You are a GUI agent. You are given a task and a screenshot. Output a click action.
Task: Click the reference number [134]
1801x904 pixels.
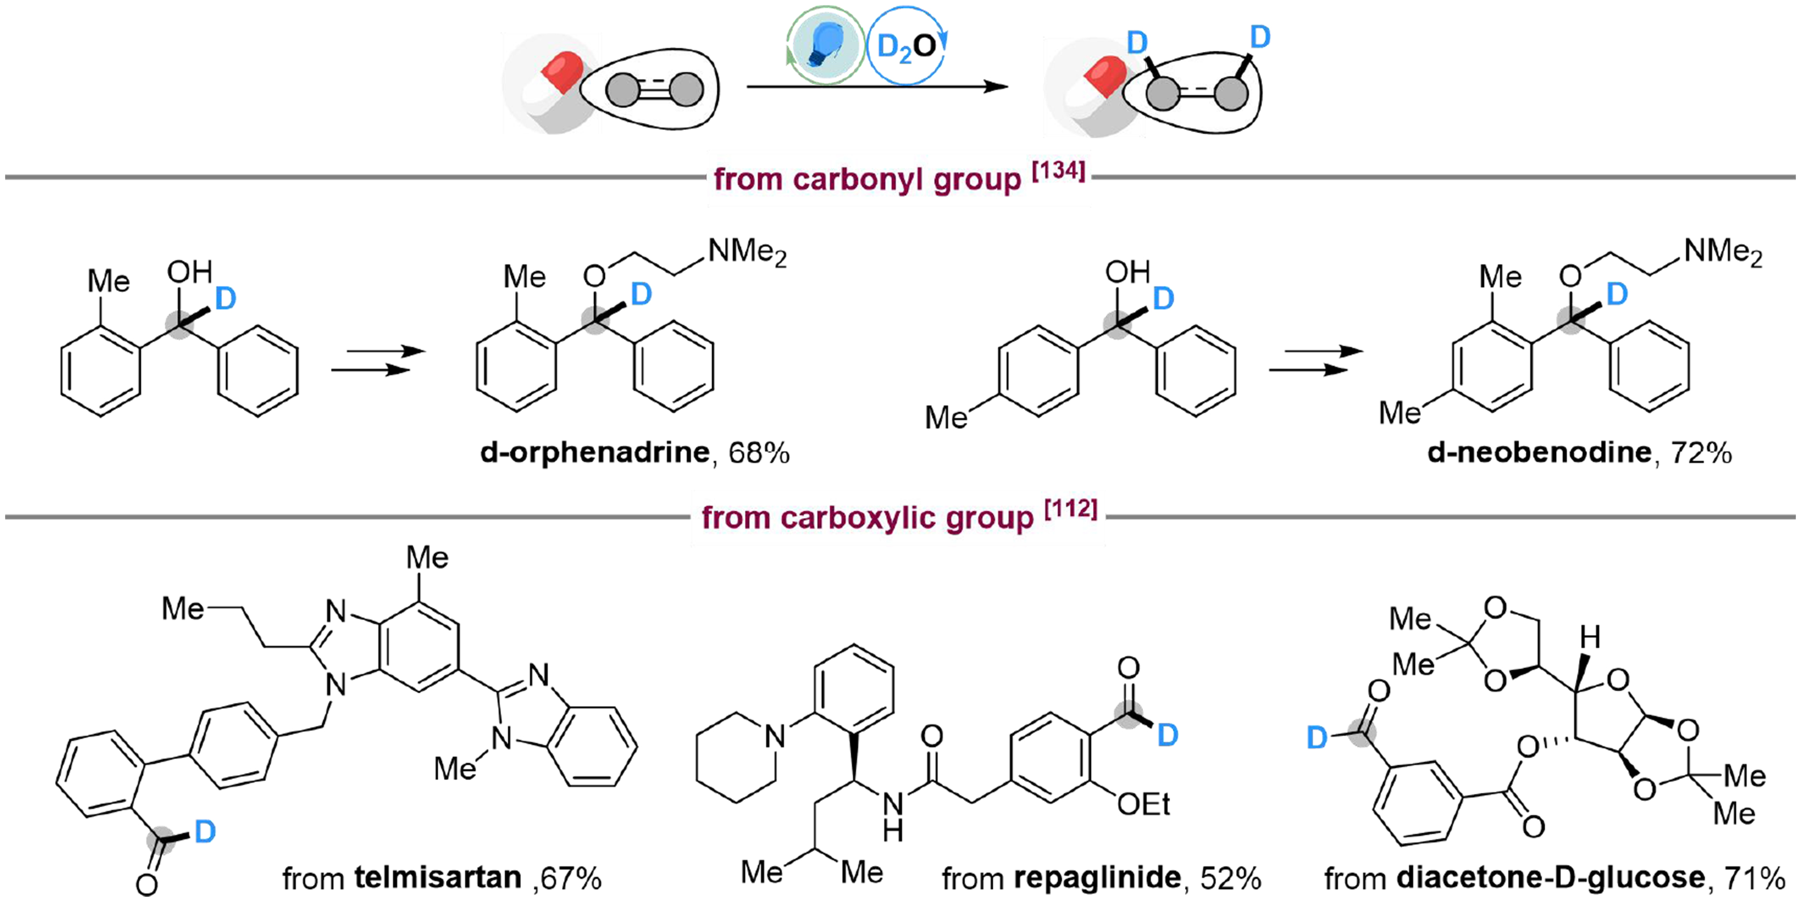pos(1058,171)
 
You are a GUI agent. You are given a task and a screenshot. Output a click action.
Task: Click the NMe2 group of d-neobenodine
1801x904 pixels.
pos(1723,252)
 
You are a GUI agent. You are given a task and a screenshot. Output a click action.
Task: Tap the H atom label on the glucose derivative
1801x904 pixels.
pos(1591,637)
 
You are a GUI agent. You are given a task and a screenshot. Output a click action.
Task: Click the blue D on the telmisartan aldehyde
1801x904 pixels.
pos(205,831)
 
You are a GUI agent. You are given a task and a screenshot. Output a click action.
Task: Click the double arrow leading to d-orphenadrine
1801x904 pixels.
pos(378,360)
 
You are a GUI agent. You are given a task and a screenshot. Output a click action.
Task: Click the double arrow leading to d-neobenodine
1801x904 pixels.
pos(1316,360)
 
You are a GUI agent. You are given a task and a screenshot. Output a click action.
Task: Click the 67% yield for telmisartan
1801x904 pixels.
pos(570,878)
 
